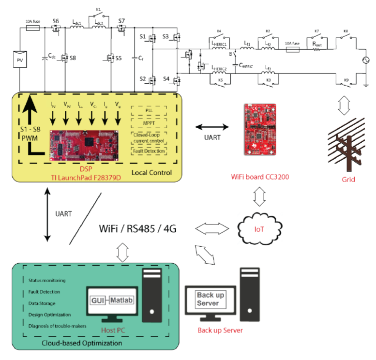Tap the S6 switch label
pos(56,21)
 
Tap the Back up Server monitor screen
pos(213,300)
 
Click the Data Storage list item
pos(45,303)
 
